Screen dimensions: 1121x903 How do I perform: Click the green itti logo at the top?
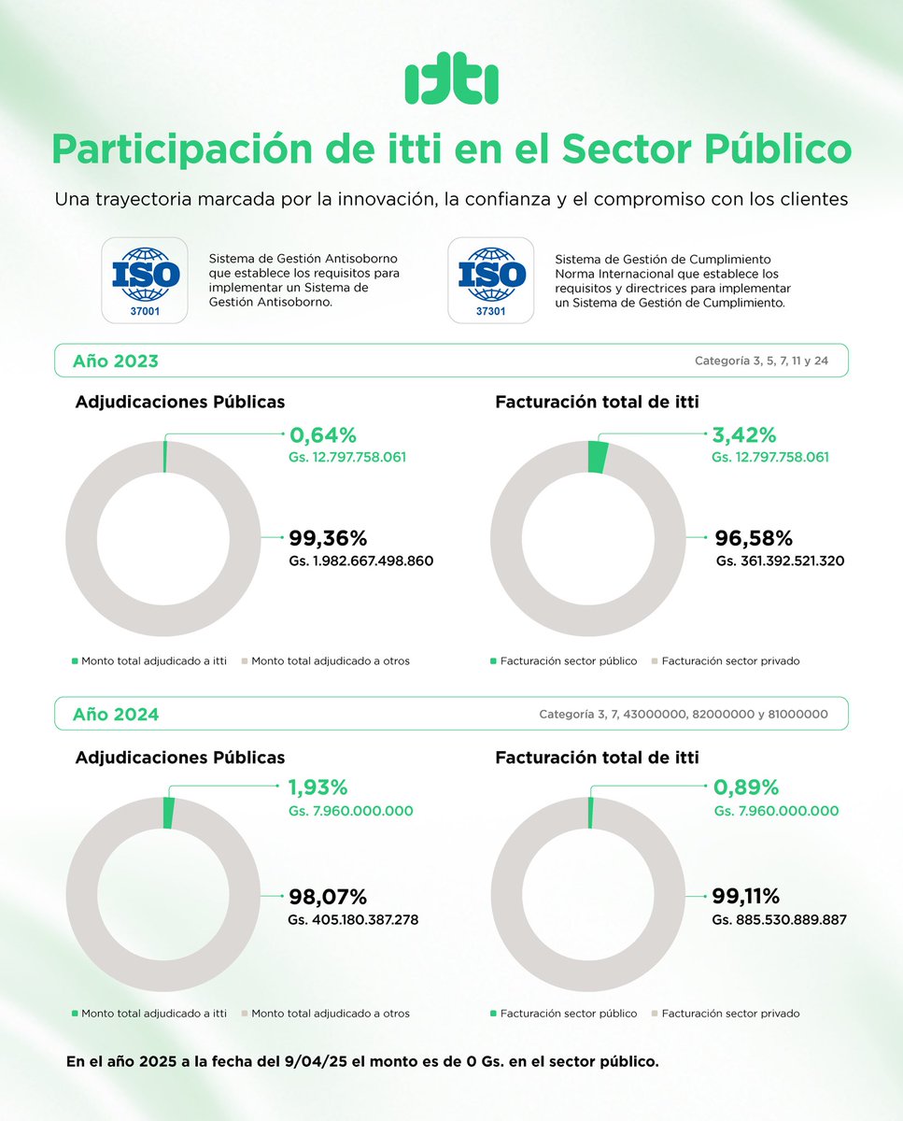click(451, 83)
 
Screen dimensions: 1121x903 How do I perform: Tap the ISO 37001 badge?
click(144, 279)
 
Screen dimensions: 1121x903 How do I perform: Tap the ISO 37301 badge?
click(491, 279)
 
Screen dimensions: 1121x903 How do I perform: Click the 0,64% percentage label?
click(323, 435)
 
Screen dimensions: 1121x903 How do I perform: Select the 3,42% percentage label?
click(744, 435)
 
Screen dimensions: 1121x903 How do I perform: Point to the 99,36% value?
click(328, 538)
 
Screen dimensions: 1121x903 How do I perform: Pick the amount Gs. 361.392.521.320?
click(780, 561)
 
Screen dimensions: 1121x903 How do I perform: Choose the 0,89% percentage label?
click(746, 788)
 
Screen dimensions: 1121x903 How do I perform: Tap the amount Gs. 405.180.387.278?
click(353, 919)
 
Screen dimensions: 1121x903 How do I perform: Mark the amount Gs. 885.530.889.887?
click(780, 919)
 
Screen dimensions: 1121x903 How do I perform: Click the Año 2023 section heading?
click(116, 362)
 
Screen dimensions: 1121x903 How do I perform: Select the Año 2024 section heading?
click(116, 715)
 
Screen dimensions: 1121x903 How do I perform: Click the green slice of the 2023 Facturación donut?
click(598, 457)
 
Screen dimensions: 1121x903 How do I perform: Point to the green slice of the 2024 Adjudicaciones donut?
click(169, 813)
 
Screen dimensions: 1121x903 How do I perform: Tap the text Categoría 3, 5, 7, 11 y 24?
click(761, 361)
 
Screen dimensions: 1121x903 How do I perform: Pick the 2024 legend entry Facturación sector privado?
click(730, 1013)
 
